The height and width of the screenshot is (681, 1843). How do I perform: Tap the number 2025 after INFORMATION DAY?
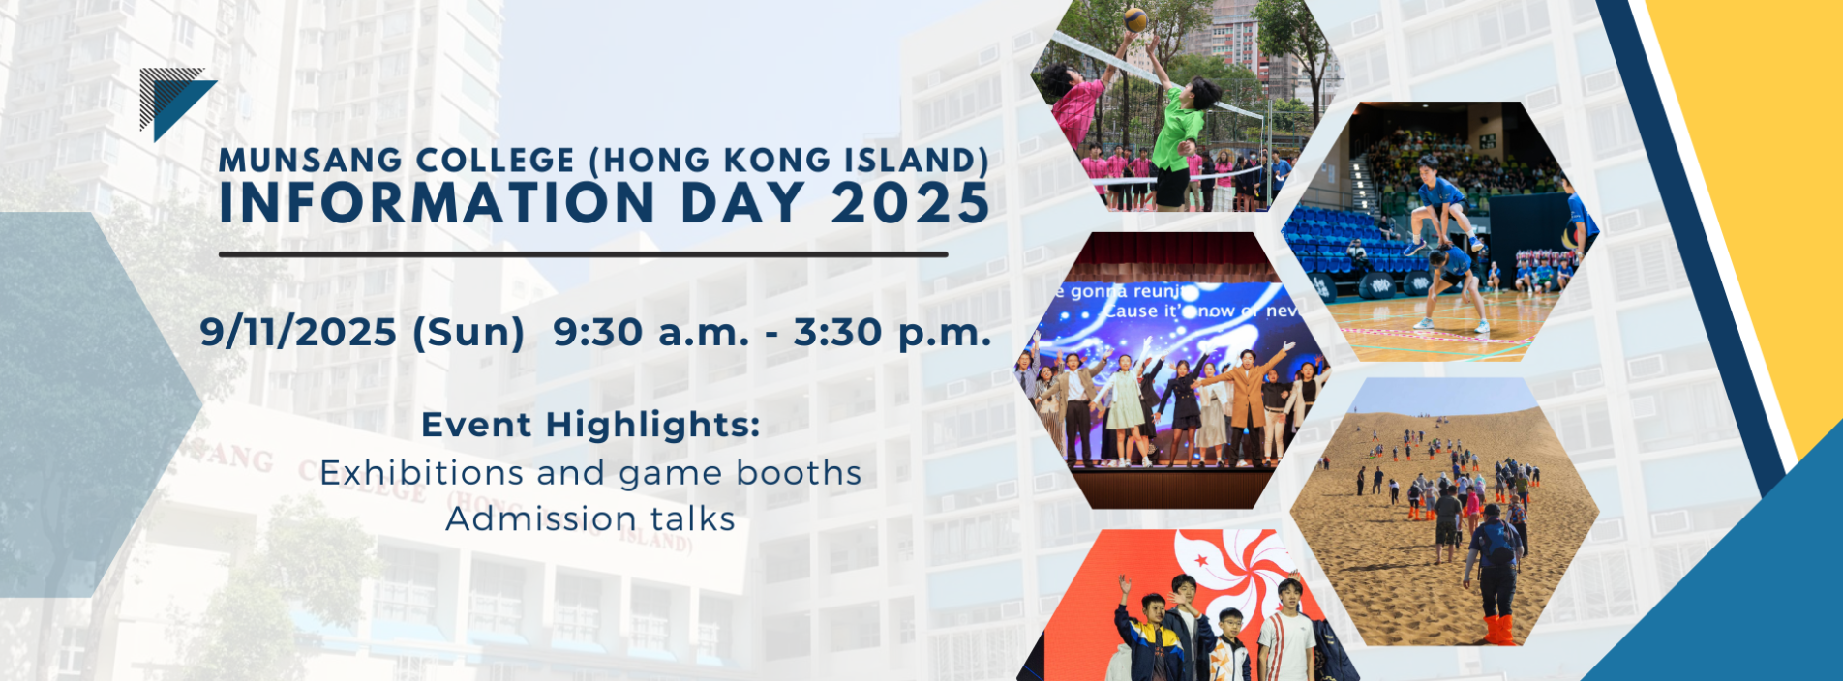(x=910, y=204)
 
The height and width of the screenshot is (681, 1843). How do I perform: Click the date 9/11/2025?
(x=298, y=333)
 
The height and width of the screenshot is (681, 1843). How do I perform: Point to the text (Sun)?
(x=468, y=333)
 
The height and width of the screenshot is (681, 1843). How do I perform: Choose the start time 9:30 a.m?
(x=650, y=333)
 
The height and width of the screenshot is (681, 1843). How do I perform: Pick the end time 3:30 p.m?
(x=892, y=333)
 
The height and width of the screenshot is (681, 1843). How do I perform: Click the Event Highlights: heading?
(x=590, y=425)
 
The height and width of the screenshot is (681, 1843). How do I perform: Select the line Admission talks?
(x=590, y=519)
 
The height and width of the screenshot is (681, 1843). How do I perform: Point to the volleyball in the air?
(x=1135, y=18)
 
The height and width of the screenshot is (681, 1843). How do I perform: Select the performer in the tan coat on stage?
(x=1248, y=397)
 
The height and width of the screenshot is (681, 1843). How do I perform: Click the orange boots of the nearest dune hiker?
(x=1496, y=629)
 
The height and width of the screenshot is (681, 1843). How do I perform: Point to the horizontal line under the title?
(x=583, y=254)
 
